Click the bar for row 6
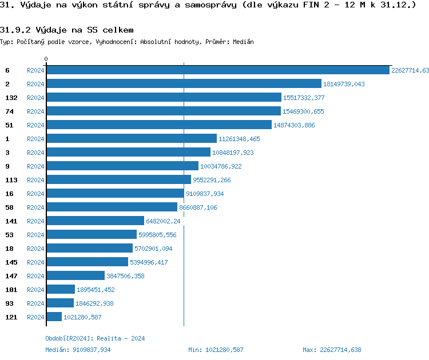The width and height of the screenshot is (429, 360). point(217,70)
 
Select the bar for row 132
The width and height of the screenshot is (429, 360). point(164,98)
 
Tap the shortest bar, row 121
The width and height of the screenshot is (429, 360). point(54,317)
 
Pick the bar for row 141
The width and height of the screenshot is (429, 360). point(95,221)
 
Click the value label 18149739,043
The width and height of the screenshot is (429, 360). point(344,84)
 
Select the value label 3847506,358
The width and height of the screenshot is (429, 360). point(125,276)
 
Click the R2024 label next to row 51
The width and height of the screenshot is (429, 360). point(35,125)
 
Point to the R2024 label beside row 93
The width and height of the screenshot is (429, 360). point(35,303)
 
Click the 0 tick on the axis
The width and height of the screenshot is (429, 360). point(46,59)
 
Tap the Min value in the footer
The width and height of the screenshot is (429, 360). point(216,350)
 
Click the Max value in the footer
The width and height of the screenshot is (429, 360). point(332,350)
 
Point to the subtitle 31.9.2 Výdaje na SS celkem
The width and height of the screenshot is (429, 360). point(67,30)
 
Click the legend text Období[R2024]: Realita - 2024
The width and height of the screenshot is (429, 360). point(95,338)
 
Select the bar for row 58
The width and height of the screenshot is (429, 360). point(112,207)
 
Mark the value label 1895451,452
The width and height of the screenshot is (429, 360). point(96,290)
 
